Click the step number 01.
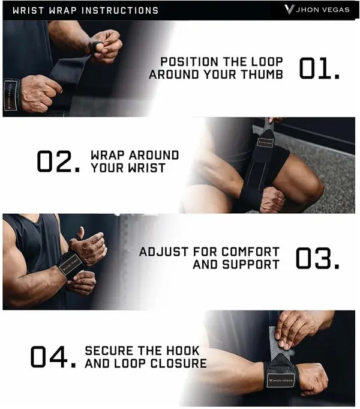[x=319, y=68]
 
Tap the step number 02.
[x=58, y=162]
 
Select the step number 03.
[x=318, y=258]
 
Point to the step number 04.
[x=53, y=357]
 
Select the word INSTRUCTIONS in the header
[x=120, y=10]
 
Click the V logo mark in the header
[x=289, y=10]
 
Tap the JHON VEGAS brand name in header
[x=323, y=10]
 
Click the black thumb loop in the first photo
[x=94, y=48]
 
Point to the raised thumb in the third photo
[x=80, y=233]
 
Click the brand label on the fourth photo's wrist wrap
[x=280, y=380]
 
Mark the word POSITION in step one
[x=189, y=62]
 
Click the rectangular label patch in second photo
[x=265, y=142]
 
